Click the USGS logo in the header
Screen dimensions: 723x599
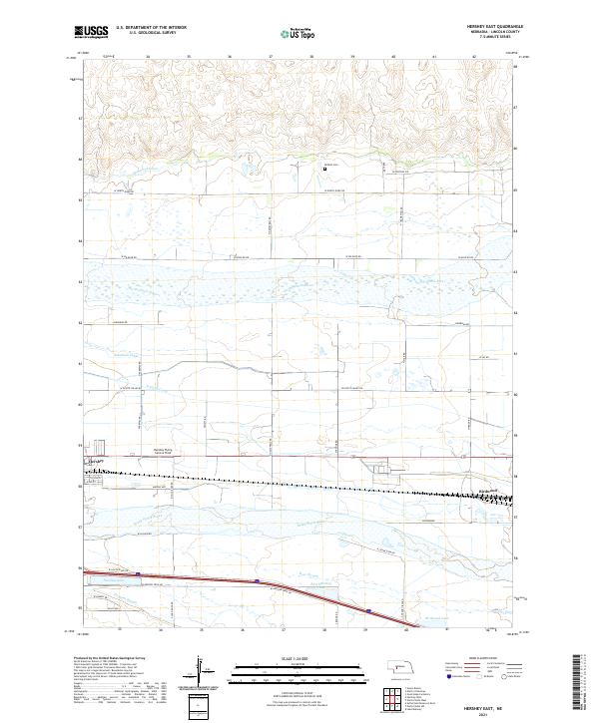tap(90, 34)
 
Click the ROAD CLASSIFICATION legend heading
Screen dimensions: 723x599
tap(463, 659)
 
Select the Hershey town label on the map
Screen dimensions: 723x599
tap(97, 462)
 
